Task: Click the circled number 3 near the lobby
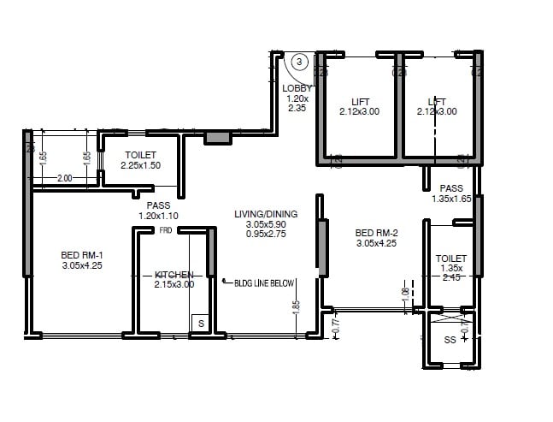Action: [300, 62]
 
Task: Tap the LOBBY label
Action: [297, 88]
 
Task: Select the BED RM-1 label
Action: [82, 254]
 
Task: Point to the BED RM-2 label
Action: [377, 232]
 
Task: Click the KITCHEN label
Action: [174, 275]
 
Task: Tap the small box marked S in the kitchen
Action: [200, 324]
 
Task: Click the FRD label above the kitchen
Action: [165, 231]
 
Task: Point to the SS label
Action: [450, 340]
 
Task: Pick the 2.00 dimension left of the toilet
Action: [65, 178]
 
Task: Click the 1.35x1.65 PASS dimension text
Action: [451, 199]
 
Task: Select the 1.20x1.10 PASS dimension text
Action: [157, 216]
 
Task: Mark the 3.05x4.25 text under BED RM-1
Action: [82, 265]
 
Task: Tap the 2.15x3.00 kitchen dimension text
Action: [174, 285]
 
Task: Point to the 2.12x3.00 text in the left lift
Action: [359, 111]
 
